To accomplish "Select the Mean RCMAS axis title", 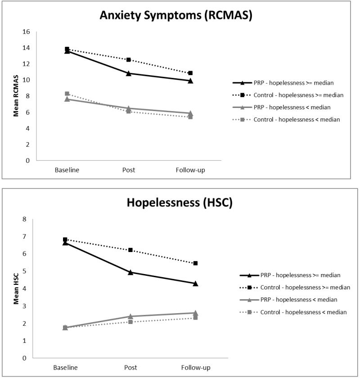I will pos(15,95).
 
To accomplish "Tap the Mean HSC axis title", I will pos(15,289).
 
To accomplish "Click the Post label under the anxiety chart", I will pos(129,170).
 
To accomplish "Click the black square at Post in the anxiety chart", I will pos(129,60).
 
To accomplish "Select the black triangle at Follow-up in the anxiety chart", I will pos(190,81).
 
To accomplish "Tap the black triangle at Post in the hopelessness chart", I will pos(130,272).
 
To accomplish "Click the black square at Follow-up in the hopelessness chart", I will pos(195,263).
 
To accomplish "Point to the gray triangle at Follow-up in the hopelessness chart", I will pos(195,313).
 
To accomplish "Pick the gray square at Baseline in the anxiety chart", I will pos(67,94).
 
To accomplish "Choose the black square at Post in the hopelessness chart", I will pos(130,250).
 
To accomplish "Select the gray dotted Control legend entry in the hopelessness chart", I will pos(291,312).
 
